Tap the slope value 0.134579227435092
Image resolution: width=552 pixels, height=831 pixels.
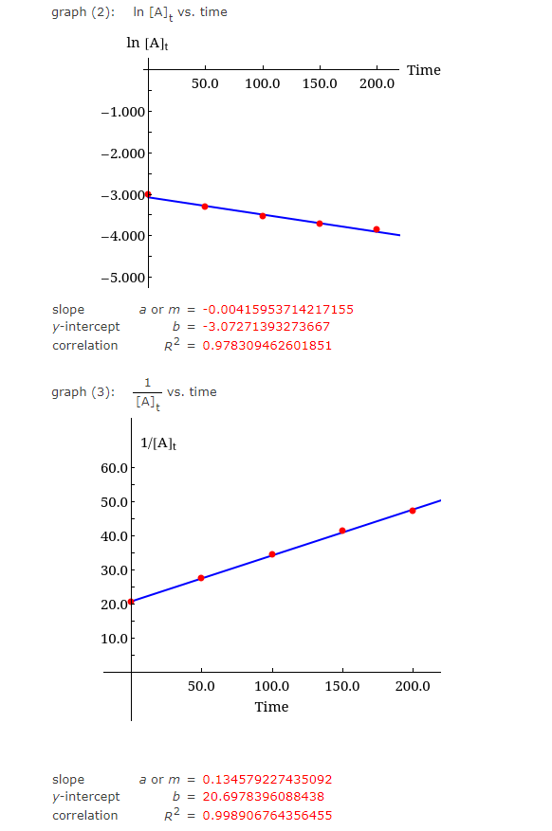pyautogui.click(x=267, y=780)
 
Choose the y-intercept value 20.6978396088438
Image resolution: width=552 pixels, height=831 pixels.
pyautogui.click(x=264, y=797)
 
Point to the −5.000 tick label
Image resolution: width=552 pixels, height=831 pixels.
pyautogui.click(x=123, y=278)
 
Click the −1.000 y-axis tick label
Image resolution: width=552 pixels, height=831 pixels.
pyautogui.click(x=123, y=112)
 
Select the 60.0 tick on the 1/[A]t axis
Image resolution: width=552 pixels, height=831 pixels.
pyautogui.click(x=114, y=468)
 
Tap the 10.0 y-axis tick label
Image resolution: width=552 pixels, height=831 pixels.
pyautogui.click(x=114, y=638)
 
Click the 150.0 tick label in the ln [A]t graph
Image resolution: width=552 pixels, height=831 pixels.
pyautogui.click(x=320, y=84)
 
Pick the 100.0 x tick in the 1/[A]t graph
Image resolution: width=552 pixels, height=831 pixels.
pyautogui.click(x=273, y=685)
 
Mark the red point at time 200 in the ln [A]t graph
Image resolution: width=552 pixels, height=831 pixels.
pyautogui.click(x=377, y=229)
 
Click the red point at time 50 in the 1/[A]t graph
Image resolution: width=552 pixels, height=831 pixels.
pyautogui.click(x=201, y=578)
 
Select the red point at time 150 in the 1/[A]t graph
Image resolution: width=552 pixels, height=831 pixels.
pyautogui.click(x=342, y=531)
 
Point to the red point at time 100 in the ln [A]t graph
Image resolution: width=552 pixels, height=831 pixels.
pyautogui.click(x=263, y=216)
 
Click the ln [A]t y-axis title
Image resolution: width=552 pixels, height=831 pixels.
pyautogui.click(x=147, y=44)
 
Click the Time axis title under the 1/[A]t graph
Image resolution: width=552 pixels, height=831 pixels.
pyautogui.click(x=271, y=707)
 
